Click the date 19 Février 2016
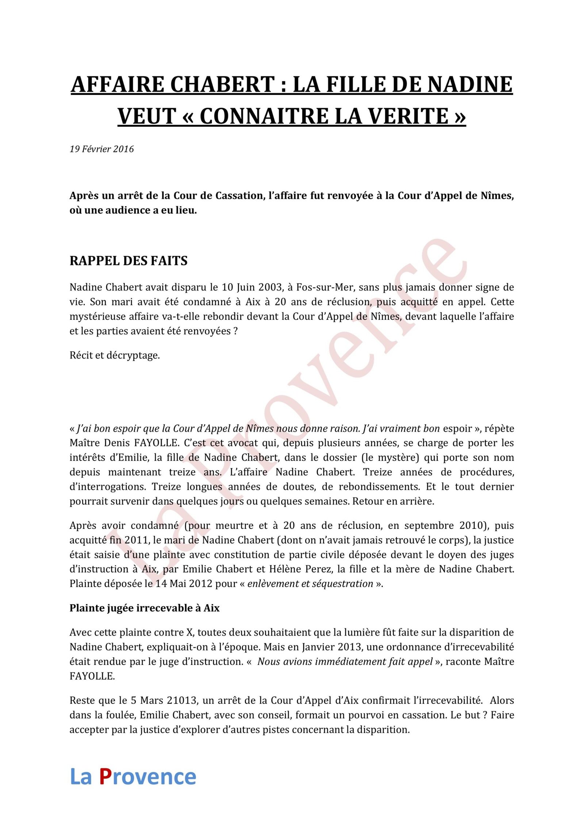(x=101, y=149)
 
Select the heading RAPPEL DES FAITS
(x=128, y=261)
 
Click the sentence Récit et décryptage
(x=115, y=355)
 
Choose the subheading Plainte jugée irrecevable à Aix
(x=145, y=608)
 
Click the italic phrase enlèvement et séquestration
(x=310, y=584)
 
